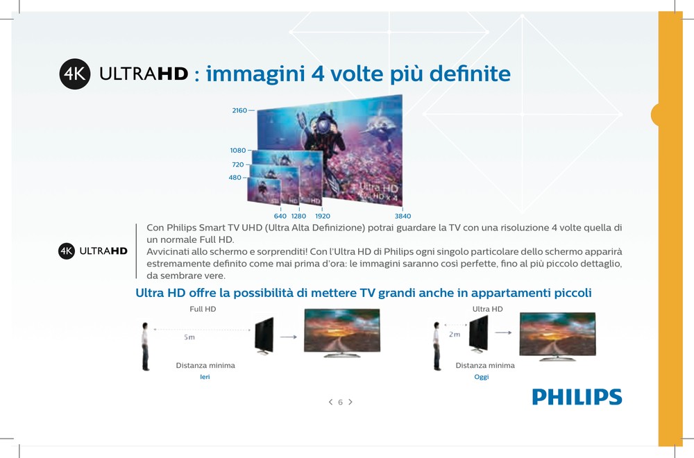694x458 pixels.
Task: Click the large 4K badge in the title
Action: click(x=75, y=74)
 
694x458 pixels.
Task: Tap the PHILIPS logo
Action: click(x=577, y=397)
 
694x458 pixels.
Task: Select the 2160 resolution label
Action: click(x=239, y=110)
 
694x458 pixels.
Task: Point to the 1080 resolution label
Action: click(x=237, y=151)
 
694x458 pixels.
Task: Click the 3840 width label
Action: click(x=403, y=216)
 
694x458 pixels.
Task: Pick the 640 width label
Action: click(x=280, y=216)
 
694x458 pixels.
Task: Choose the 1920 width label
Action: click(x=323, y=216)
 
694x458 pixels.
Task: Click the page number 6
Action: click(x=340, y=402)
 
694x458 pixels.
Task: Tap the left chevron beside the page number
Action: click(x=330, y=402)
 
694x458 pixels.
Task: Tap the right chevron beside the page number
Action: click(x=350, y=402)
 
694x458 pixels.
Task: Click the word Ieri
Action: click(x=205, y=377)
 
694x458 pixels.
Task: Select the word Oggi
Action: click(x=482, y=377)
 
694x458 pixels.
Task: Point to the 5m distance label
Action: click(x=189, y=337)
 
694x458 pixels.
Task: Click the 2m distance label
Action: click(x=455, y=334)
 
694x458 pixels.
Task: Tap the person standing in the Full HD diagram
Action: click(x=145, y=346)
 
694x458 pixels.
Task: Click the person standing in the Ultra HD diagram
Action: click(x=437, y=346)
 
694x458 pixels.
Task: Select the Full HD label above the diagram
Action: click(x=203, y=309)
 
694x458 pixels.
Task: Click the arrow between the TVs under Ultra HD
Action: click(x=503, y=332)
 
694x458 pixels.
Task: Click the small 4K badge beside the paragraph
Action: click(x=67, y=251)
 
